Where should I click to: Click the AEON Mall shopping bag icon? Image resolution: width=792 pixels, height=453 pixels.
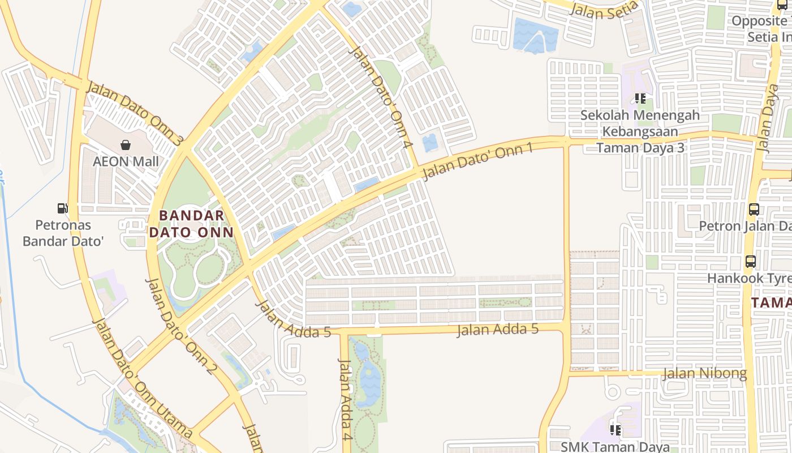pos(126,145)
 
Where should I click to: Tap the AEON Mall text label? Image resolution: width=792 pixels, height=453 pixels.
pos(126,162)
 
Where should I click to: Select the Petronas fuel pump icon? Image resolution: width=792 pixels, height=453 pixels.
pos(62,208)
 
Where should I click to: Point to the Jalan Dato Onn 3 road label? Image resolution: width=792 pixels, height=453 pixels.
pos(134,113)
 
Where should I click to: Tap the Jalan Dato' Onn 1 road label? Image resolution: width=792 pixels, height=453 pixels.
pos(478,160)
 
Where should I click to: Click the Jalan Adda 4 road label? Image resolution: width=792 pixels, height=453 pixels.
pos(346,399)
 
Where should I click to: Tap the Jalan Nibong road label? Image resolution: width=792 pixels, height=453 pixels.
pos(704,374)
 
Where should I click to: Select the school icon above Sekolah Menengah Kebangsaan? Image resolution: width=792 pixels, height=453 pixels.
pos(640,99)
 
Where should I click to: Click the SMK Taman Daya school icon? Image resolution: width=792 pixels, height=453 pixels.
pos(615,430)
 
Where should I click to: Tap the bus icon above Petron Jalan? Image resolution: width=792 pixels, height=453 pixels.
pos(754,209)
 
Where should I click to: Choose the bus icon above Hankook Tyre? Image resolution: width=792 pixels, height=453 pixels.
pos(751,262)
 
